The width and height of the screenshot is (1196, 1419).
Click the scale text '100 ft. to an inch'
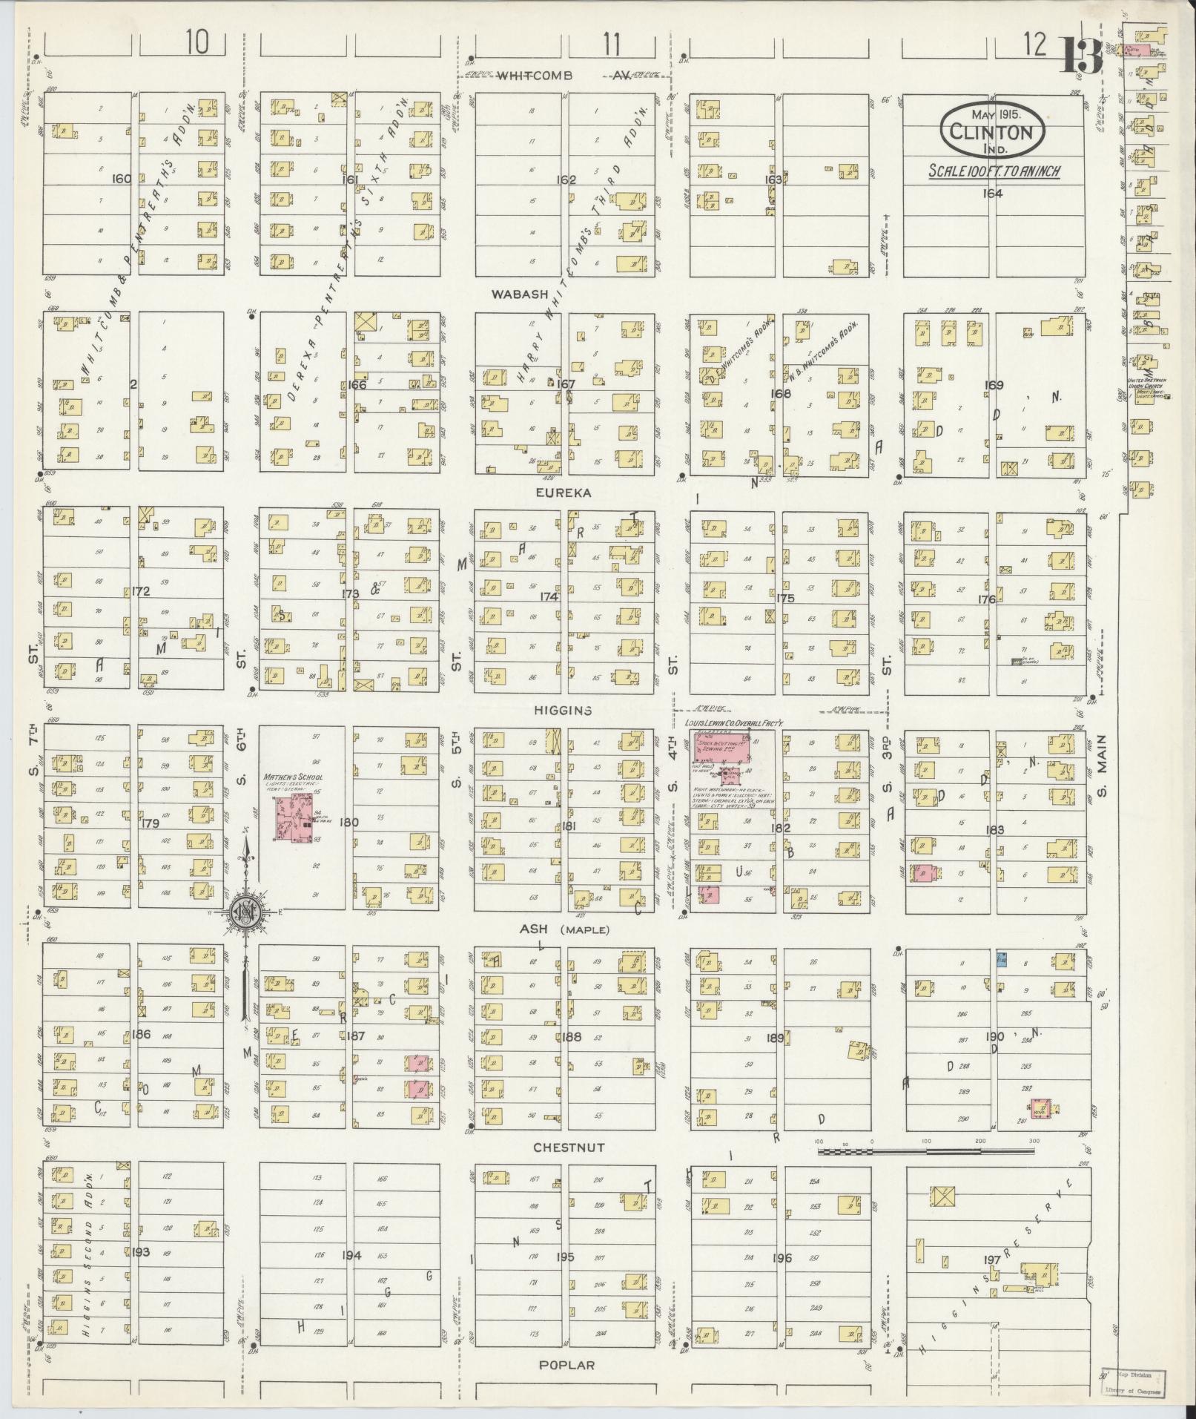pyautogui.click(x=994, y=171)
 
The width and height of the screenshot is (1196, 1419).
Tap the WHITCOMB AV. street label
pyautogui.click(x=564, y=76)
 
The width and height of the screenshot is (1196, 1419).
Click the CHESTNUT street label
pyautogui.click(x=569, y=1148)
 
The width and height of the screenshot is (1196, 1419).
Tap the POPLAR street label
pyautogui.click(x=566, y=1365)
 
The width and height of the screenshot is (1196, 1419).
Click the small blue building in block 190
pyautogui.click(x=1002, y=960)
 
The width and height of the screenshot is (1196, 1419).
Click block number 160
pyautogui.click(x=121, y=179)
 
